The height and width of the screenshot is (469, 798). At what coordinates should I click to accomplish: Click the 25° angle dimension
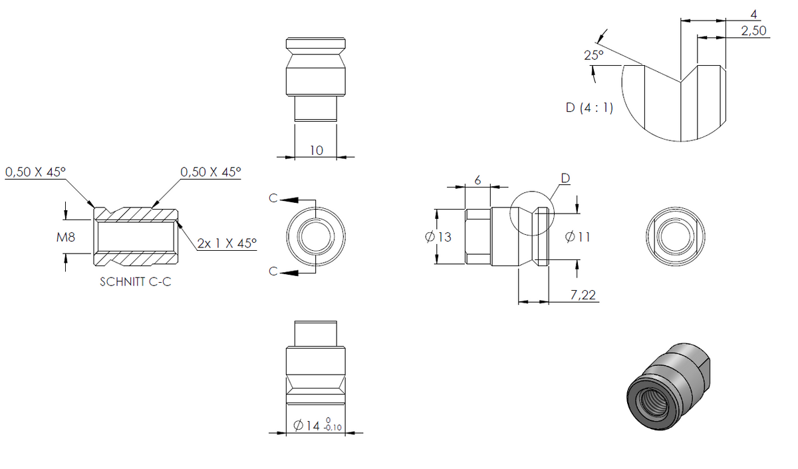click(594, 55)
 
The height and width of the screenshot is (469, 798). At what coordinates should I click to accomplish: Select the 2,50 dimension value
click(754, 31)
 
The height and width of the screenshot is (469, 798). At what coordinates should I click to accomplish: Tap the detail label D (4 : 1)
click(589, 108)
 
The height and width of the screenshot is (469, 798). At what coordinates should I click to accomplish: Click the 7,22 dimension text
click(583, 295)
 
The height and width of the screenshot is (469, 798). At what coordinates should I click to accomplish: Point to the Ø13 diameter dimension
click(438, 237)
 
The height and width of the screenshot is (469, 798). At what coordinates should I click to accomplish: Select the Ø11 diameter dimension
click(577, 237)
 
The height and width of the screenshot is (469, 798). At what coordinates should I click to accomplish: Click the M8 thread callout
click(66, 237)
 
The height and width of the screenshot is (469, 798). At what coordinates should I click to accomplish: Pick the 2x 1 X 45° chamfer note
click(227, 243)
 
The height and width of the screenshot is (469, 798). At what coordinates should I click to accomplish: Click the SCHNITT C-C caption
click(136, 282)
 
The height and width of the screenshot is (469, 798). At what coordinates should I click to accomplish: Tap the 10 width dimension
click(317, 150)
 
